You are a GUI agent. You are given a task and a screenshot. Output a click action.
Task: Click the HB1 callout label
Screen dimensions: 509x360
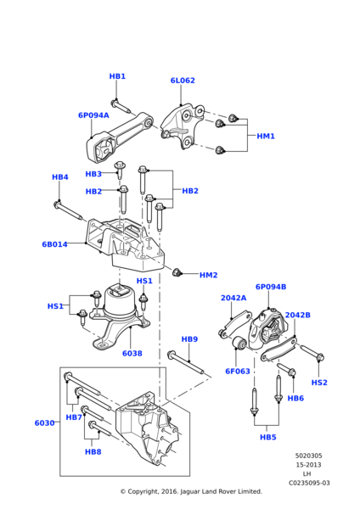click(117, 76)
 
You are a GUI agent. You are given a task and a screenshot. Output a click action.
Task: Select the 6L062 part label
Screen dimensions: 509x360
click(183, 81)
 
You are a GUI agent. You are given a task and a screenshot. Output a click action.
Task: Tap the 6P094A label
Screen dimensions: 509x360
click(93, 115)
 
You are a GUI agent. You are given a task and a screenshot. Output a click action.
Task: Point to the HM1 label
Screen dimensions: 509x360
click(266, 136)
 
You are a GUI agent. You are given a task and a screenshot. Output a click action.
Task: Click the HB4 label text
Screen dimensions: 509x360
click(59, 177)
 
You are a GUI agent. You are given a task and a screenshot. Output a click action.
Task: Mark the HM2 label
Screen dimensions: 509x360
click(209, 275)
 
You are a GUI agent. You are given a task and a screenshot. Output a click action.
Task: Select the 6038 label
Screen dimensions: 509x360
click(132, 354)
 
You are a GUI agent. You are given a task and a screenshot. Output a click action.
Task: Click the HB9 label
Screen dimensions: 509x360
click(189, 339)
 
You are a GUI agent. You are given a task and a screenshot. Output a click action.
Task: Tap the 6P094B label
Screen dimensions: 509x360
click(271, 287)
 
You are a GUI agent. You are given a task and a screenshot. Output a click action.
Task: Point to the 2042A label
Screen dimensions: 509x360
click(233, 298)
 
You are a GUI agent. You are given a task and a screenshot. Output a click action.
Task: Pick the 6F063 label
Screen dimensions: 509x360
click(238, 371)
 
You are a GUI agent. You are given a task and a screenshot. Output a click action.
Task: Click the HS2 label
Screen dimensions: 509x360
click(319, 383)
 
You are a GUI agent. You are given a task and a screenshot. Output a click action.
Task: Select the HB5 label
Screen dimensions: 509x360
click(267, 437)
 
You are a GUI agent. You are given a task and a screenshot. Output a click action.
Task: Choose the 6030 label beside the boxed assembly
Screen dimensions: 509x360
click(44, 422)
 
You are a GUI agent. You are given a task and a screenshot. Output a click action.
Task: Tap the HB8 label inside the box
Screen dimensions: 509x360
click(93, 452)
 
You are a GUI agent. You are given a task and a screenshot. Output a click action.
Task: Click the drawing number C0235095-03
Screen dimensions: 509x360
click(309, 483)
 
